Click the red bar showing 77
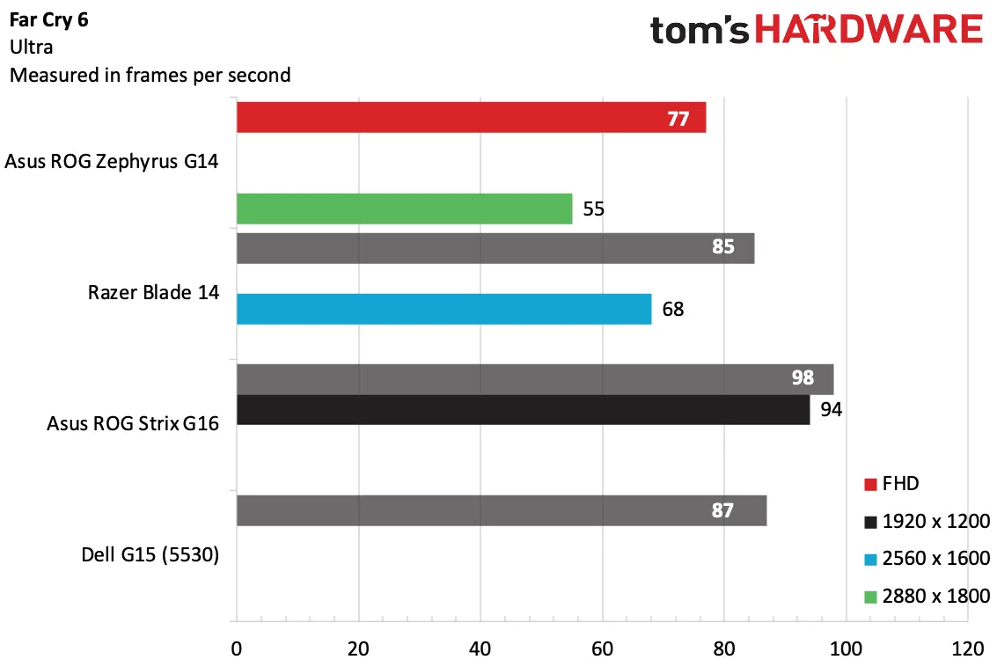(471, 118)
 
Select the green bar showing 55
(405, 209)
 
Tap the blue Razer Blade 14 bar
(444, 309)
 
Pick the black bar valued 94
(524, 409)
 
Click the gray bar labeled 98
(535, 379)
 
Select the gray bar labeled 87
(502, 510)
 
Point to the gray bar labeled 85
(496, 248)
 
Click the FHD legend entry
(891, 484)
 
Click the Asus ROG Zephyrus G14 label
(111, 162)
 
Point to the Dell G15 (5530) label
(150, 554)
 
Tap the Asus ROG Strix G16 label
(133, 423)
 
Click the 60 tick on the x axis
(602, 649)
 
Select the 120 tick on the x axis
(968, 649)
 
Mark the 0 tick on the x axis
(237, 649)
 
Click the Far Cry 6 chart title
(49, 20)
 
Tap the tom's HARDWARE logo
(817, 30)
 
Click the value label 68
(672, 310)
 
